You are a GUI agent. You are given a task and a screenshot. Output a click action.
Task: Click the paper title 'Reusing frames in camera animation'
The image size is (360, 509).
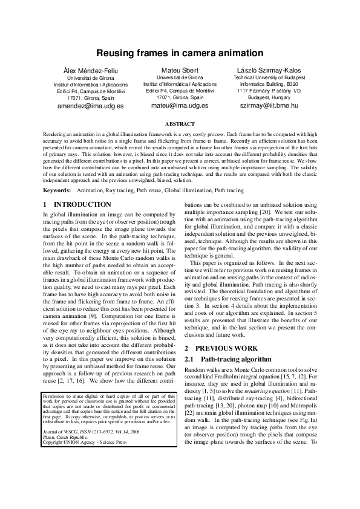coord(180,54)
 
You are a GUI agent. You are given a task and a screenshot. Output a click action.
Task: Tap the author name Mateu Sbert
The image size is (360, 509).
coord(180,70)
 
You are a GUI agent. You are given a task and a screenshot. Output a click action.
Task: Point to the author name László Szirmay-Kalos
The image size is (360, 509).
coord(269,70)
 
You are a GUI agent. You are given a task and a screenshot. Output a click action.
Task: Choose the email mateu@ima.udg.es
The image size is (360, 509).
coord(180,105)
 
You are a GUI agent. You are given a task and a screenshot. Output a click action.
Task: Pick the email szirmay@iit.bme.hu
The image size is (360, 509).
coord(269,105)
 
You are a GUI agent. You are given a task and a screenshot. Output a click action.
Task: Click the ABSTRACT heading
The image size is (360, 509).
coord(180,123)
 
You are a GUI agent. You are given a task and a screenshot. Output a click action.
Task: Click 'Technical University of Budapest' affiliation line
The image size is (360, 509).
coord(269,78)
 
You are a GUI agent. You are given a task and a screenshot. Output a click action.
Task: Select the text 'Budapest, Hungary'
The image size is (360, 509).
coord(269,97)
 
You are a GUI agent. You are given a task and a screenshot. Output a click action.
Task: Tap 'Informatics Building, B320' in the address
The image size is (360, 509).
coord(269,84)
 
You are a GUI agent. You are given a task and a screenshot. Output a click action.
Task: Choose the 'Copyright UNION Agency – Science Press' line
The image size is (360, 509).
coord(84,460)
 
